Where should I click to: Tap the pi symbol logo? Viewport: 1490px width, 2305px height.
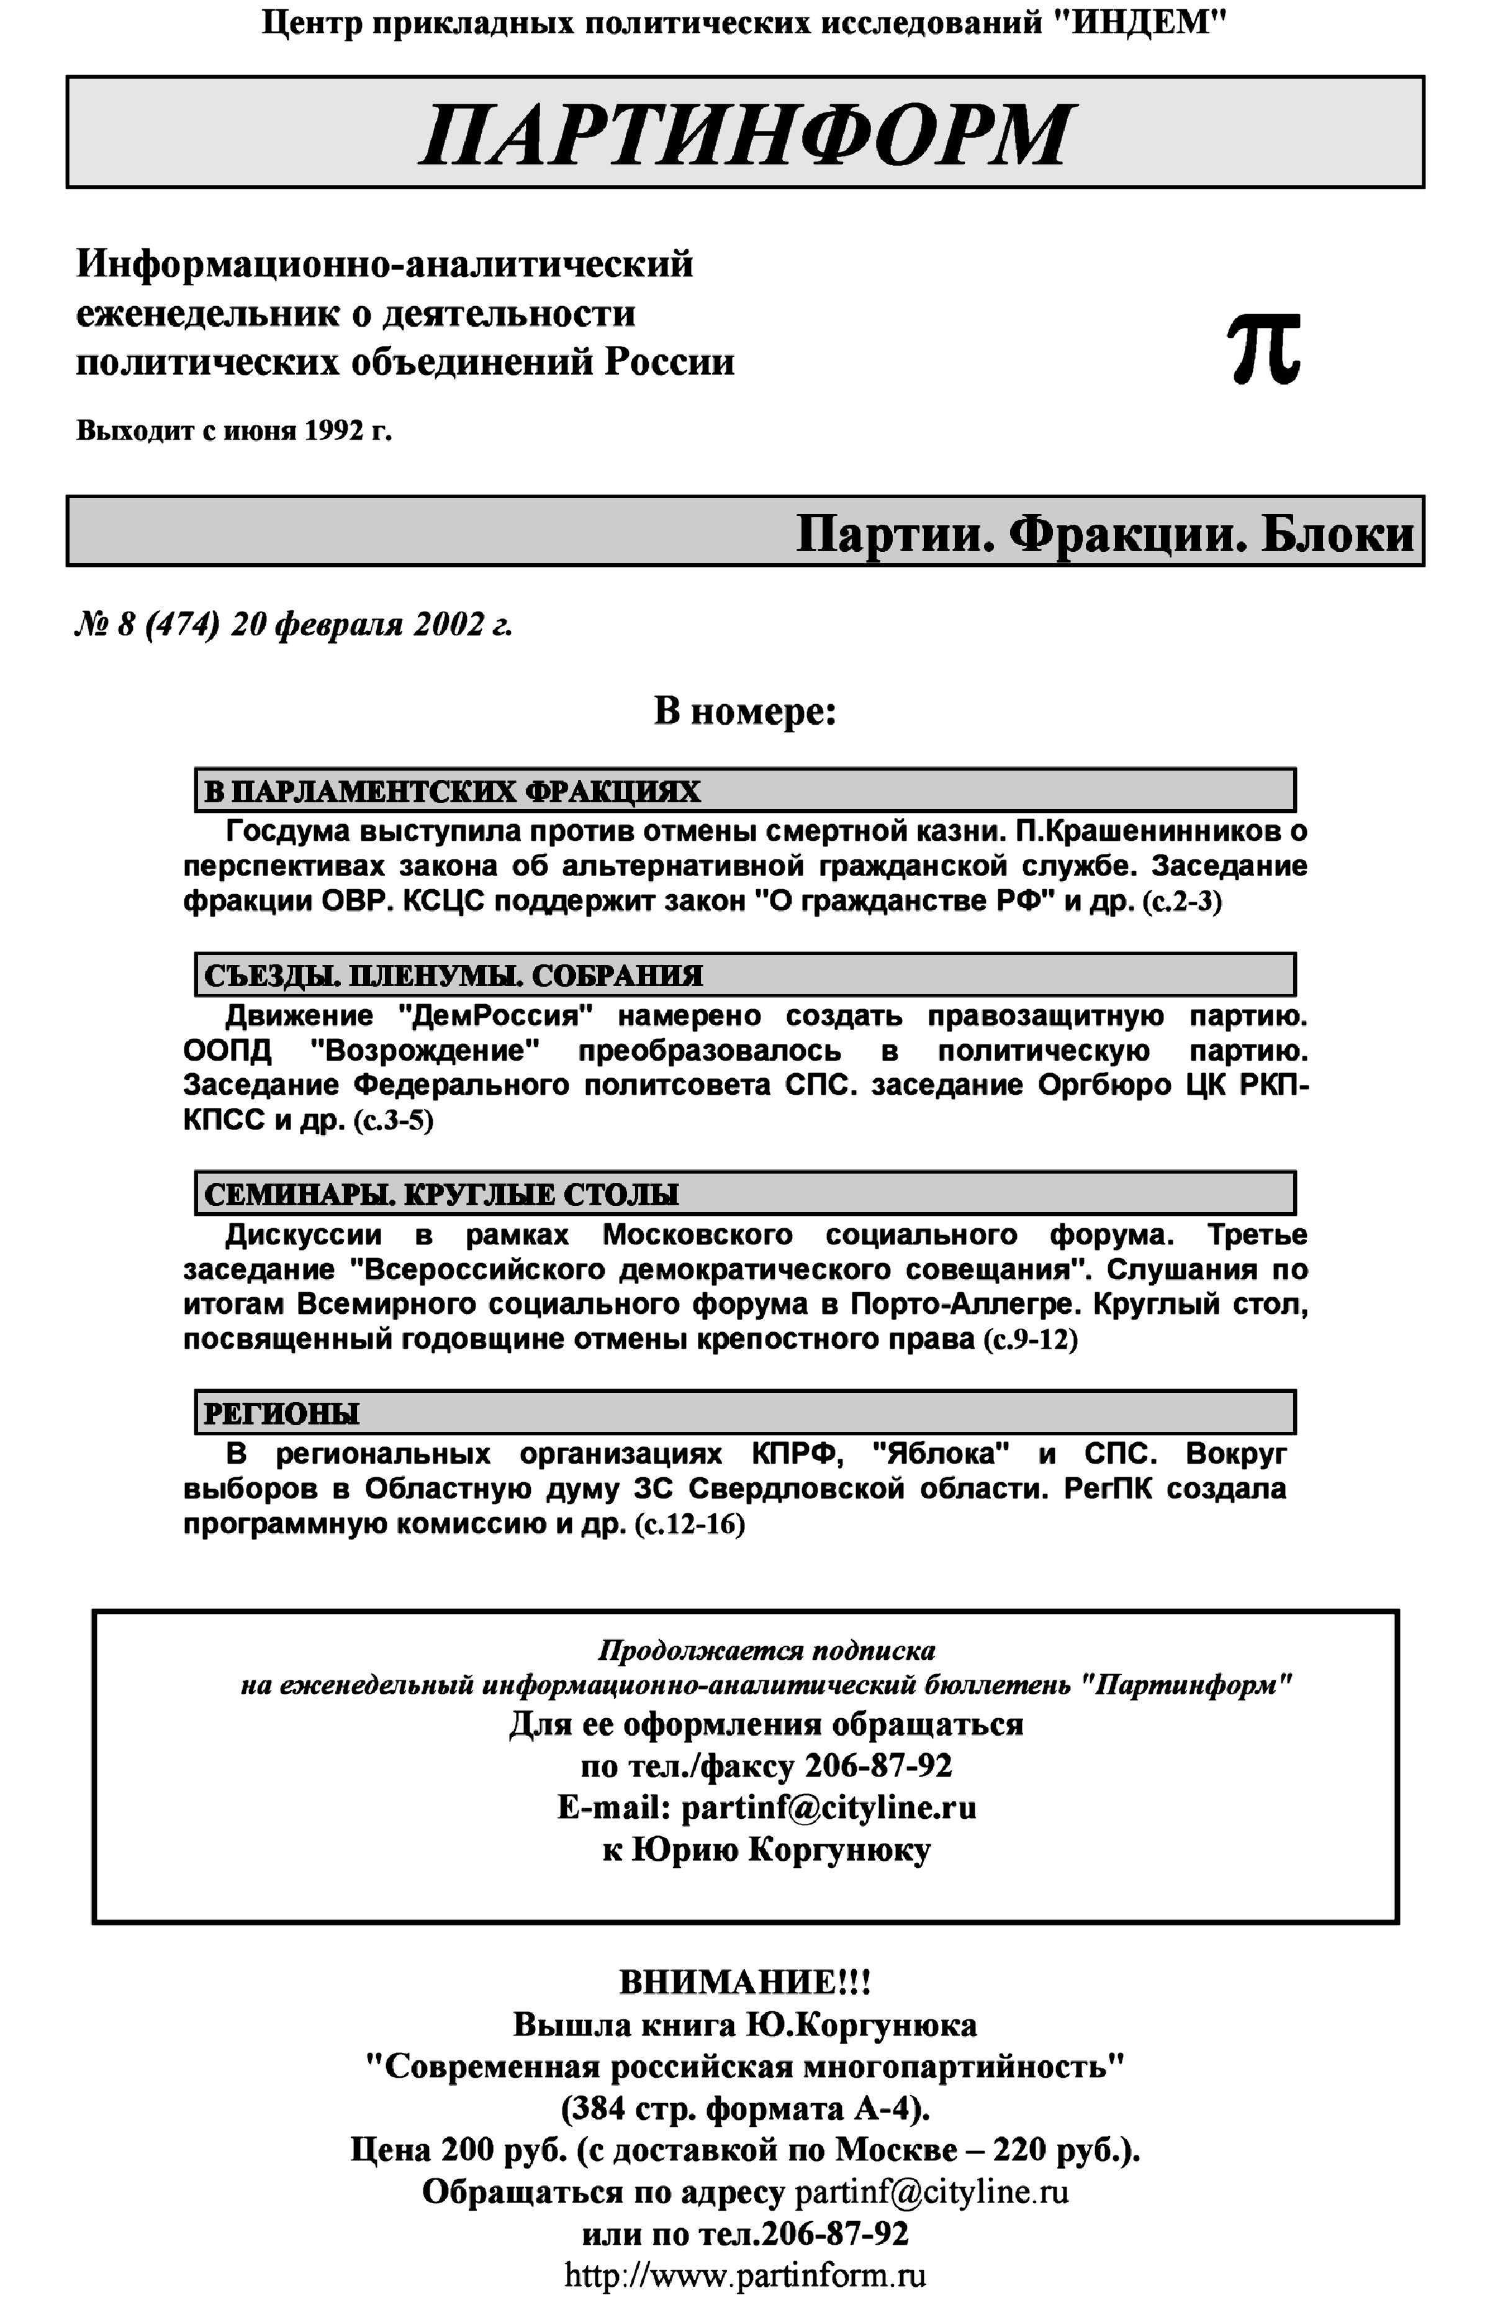click(1263, 350)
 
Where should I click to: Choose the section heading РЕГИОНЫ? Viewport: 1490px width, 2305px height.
click(281, 1414)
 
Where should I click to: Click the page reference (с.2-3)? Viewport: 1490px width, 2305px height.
click(1181, 902)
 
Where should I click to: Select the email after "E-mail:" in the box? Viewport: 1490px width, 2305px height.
click(828, 1808)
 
